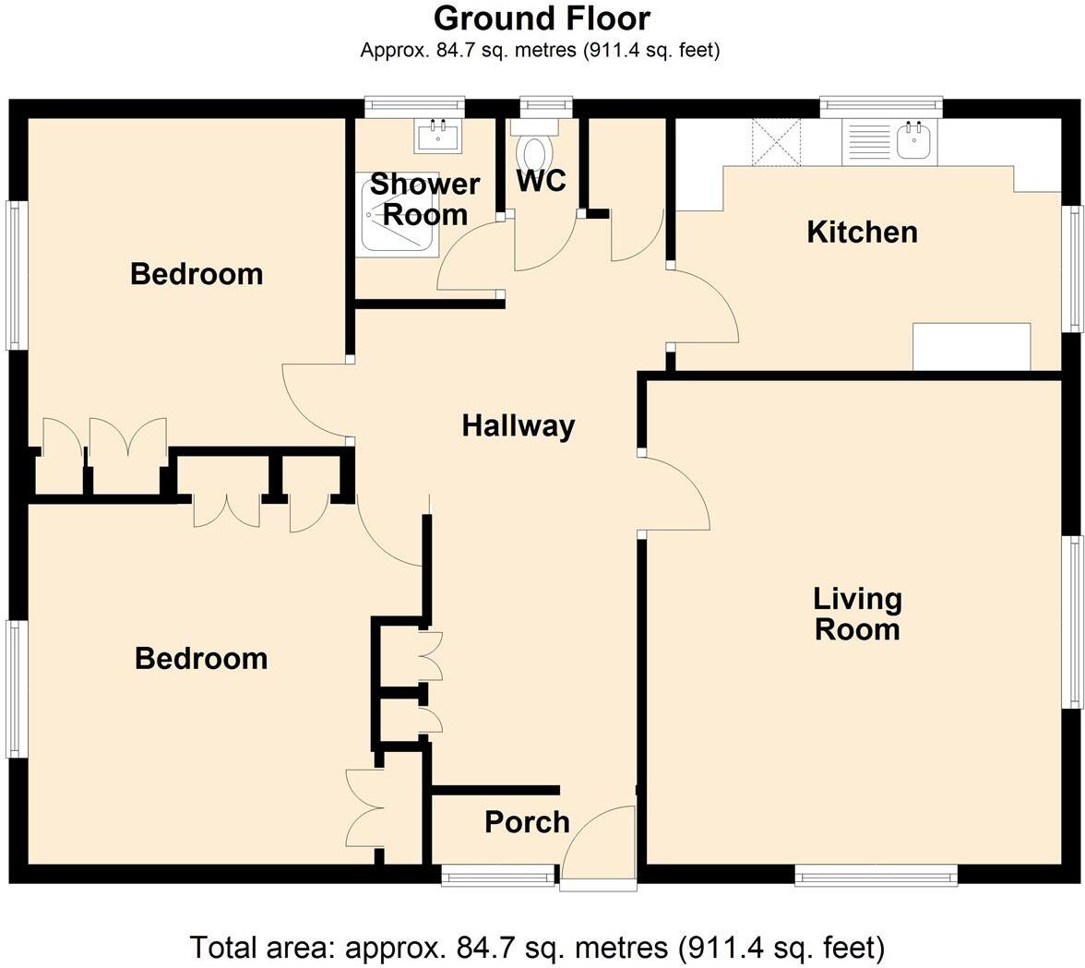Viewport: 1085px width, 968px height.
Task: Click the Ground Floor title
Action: pyautogui.click(x=542, y=18)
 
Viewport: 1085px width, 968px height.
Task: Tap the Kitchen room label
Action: pyautogui.click(x=862, y=232)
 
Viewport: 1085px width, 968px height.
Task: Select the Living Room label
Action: pyautogui.click(x=857, y=614)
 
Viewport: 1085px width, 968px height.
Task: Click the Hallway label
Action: pyautogui.click(x=518, y=426)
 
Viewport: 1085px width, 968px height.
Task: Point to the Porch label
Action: pyautogui.click(x=527, y=822)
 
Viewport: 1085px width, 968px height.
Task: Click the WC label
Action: pyautogui.click(x=541, y=181)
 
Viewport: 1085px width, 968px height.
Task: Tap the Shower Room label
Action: pyautogui.click(x=425, y=199)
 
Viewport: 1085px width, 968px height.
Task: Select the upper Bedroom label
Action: pyautogui.click(x=197, y=274)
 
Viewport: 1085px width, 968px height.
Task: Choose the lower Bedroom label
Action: pyautogui.click(x=201, y=659)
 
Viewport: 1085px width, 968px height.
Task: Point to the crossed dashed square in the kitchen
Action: pyautogui.click(x=776, y=142)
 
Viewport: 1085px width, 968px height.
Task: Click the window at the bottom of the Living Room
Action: pyautogui.click(x=876, y=875)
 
